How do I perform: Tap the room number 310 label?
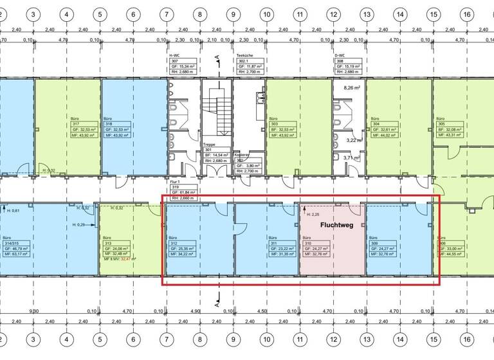tap(306, 242)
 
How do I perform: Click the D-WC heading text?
tap(339, 56)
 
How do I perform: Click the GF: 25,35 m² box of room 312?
tap(185, 248)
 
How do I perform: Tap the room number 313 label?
tap(107, 242)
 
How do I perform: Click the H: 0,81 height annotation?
tap(13, 210)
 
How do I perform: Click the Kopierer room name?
tap(242, 155)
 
